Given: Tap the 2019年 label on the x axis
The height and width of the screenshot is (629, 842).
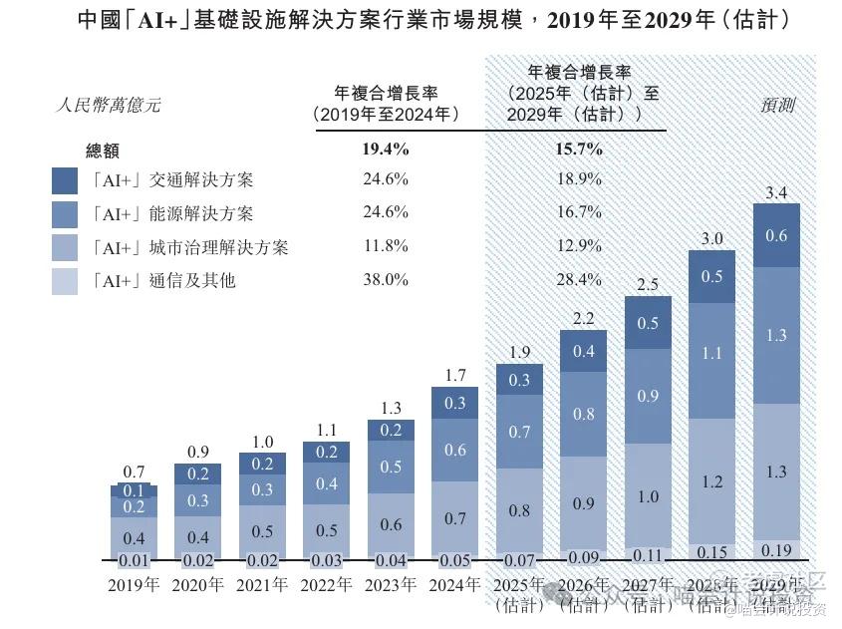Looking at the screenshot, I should tap(134, 585).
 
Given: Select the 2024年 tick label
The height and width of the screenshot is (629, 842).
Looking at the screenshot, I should tap(454, 585).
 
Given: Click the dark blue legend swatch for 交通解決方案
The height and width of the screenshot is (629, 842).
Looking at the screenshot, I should tap(65, 179).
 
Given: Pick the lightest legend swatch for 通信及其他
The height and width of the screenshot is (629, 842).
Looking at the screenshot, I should tap(65, 281).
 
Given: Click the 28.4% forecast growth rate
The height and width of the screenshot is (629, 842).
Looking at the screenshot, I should tap(579, 280).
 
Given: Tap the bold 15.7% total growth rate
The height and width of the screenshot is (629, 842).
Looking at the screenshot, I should tap(579, 150).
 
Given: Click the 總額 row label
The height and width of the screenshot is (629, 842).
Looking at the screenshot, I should tap(103, 151).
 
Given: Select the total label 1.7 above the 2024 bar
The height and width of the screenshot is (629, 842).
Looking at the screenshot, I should tap(455, 376).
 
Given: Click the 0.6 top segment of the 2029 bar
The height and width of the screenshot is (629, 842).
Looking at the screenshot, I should tap(776, 236).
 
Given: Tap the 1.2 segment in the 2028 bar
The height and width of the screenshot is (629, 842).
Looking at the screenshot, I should tap(712, 481).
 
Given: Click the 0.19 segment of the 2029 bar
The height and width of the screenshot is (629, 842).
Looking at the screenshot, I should tap(776, 550).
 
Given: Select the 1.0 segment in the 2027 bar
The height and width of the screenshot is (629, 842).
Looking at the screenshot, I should tap(648, 496).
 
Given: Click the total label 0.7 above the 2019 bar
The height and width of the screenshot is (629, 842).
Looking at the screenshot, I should tap(134, 472).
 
